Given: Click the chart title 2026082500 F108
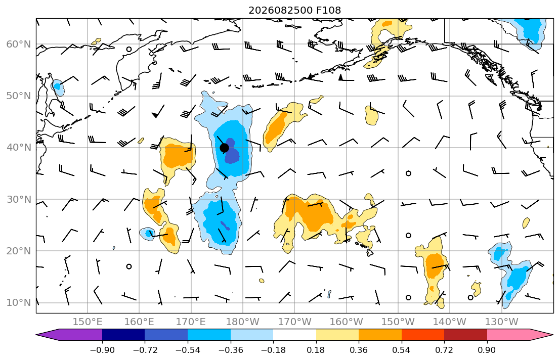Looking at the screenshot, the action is (x=294, y=10).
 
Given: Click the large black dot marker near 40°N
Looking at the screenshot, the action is (x=224, y=148).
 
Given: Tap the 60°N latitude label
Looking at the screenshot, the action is (x=19, y=44).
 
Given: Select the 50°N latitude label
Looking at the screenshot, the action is (x=19, y=96).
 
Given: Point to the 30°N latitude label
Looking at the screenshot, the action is (x=19, y=199).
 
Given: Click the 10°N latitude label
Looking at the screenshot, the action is (x=19, y=303).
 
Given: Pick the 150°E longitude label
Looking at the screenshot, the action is (x=88, y=322).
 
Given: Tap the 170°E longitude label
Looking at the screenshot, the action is (x=191, y=322).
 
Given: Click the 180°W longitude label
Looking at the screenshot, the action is (x=243, y=322).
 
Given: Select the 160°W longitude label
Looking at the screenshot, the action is (x=346, y=322).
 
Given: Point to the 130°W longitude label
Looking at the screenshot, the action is (x=502, y=322).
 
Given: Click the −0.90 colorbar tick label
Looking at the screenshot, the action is (x=102, y=350).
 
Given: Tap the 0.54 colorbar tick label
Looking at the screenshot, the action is (x=402, y=350).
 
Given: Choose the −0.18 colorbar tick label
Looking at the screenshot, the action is (x=273, y=350).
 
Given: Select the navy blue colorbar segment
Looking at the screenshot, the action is (x=123, y=335).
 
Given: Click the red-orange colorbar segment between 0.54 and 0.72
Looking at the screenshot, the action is (x=423, y=335).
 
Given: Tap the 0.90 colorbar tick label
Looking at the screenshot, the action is (x=487, y=350).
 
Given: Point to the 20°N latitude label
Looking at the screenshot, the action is (x=19, y=251).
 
